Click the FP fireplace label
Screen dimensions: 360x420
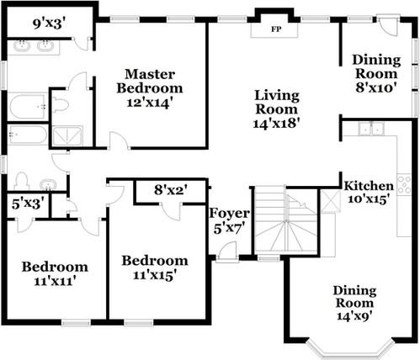pos(275,29)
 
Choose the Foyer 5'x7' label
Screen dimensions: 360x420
pos(229,220)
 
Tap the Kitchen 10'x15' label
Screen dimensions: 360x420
pos(368,193)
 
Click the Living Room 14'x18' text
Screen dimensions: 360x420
pos(277,108)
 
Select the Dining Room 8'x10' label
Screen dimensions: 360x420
pos(376,67)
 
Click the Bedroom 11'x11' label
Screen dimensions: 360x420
pos(55,274)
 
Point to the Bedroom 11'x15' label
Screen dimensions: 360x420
pos(154,267)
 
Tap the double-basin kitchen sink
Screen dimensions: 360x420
pos(370,129)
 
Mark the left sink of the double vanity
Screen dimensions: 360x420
pos(22,46)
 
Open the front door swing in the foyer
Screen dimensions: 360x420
pos(226,250)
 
